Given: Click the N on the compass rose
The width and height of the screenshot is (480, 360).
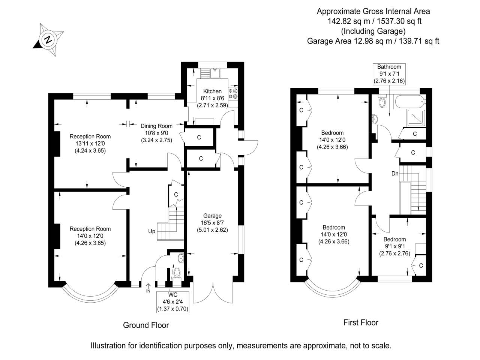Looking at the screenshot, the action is [x=48, y=40].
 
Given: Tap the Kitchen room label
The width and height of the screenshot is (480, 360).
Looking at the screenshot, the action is [x=212, y=91].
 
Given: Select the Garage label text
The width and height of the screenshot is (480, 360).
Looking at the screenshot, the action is [x=212, y=216].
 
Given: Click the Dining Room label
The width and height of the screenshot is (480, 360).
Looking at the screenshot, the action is [x=156, y=126].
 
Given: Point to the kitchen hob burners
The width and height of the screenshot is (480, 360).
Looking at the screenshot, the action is [x=233, y=93].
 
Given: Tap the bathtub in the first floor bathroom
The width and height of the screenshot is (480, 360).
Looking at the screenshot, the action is [x=409, y=102].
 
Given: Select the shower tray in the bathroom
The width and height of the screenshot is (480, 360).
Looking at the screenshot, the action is [x=416, y=118].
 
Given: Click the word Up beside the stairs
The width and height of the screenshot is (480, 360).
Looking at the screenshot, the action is [x=152, y=231].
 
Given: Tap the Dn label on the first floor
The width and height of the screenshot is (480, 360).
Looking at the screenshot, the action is [x=395, y=173].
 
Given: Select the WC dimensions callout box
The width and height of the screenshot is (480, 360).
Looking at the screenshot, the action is [x=173, y=302].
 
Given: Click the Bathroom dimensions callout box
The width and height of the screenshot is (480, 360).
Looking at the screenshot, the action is [x=389, y=74].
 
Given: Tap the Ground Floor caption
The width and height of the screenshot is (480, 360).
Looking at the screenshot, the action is [x=146, y=325].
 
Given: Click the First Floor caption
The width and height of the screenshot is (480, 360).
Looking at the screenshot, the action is [x=361, y=322].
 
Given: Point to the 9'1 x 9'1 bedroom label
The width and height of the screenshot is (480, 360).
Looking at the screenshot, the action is [x=395, y=246].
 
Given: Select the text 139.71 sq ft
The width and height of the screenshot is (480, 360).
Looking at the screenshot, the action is [x=419, y=41].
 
